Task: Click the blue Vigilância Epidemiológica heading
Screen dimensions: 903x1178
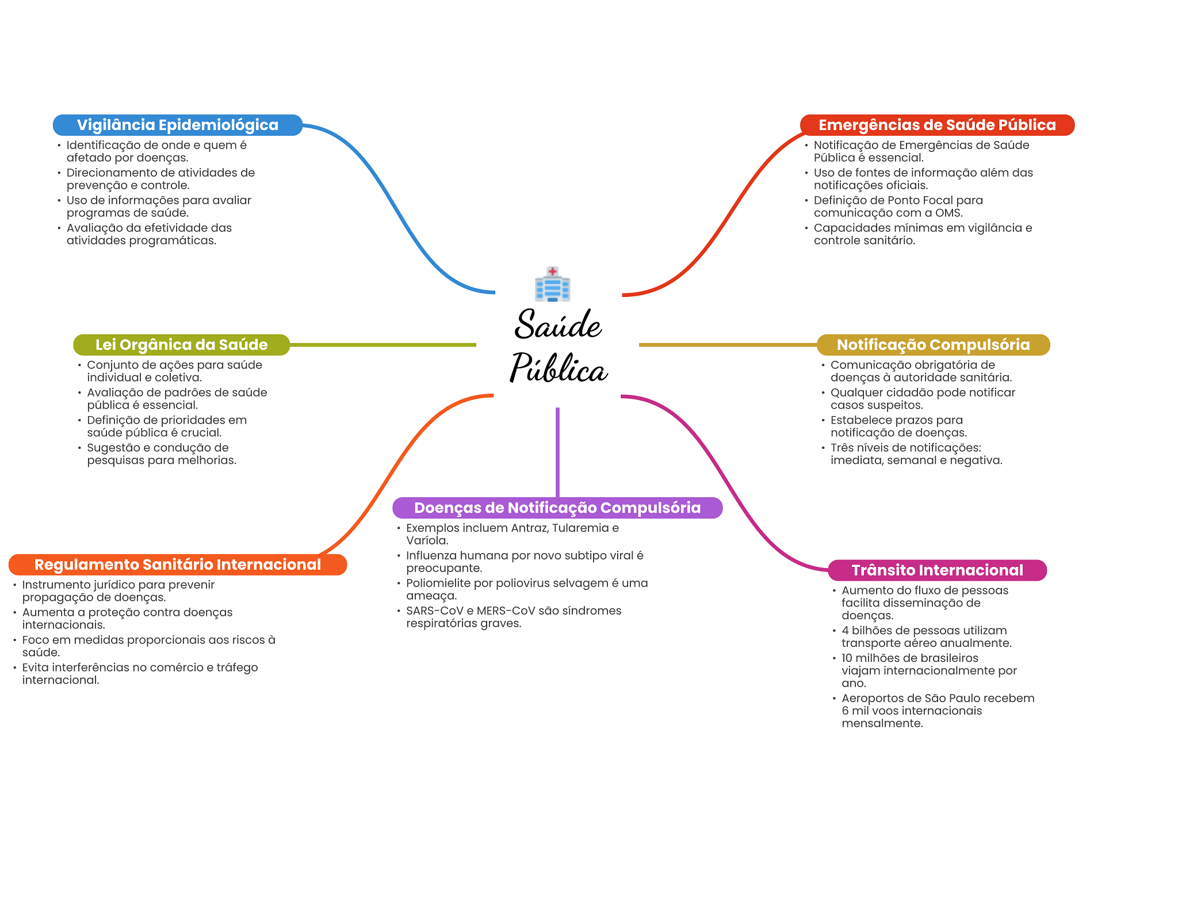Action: [177, 125]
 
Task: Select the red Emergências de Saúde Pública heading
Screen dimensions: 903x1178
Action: [936, 125]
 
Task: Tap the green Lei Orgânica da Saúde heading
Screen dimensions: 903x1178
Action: [181, 345]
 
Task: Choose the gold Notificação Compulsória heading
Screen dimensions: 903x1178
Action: [933, 345]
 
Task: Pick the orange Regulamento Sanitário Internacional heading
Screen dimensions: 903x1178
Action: [177, 565]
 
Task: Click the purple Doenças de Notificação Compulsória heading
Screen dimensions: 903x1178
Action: [557, 508]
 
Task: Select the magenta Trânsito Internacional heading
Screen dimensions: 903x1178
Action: [937, 570]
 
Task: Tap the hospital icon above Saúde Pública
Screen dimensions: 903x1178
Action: [552, 284]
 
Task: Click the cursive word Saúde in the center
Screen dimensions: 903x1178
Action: [557, 325]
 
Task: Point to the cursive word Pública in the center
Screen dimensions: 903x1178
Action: [559, 368]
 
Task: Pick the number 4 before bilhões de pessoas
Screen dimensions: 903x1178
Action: [845, 631]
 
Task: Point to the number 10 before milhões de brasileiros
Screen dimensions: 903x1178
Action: [847, 658]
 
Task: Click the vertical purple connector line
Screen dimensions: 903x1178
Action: [557, 452]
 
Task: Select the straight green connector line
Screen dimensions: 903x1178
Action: [383, 345]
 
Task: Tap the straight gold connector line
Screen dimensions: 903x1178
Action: [728, 345]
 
